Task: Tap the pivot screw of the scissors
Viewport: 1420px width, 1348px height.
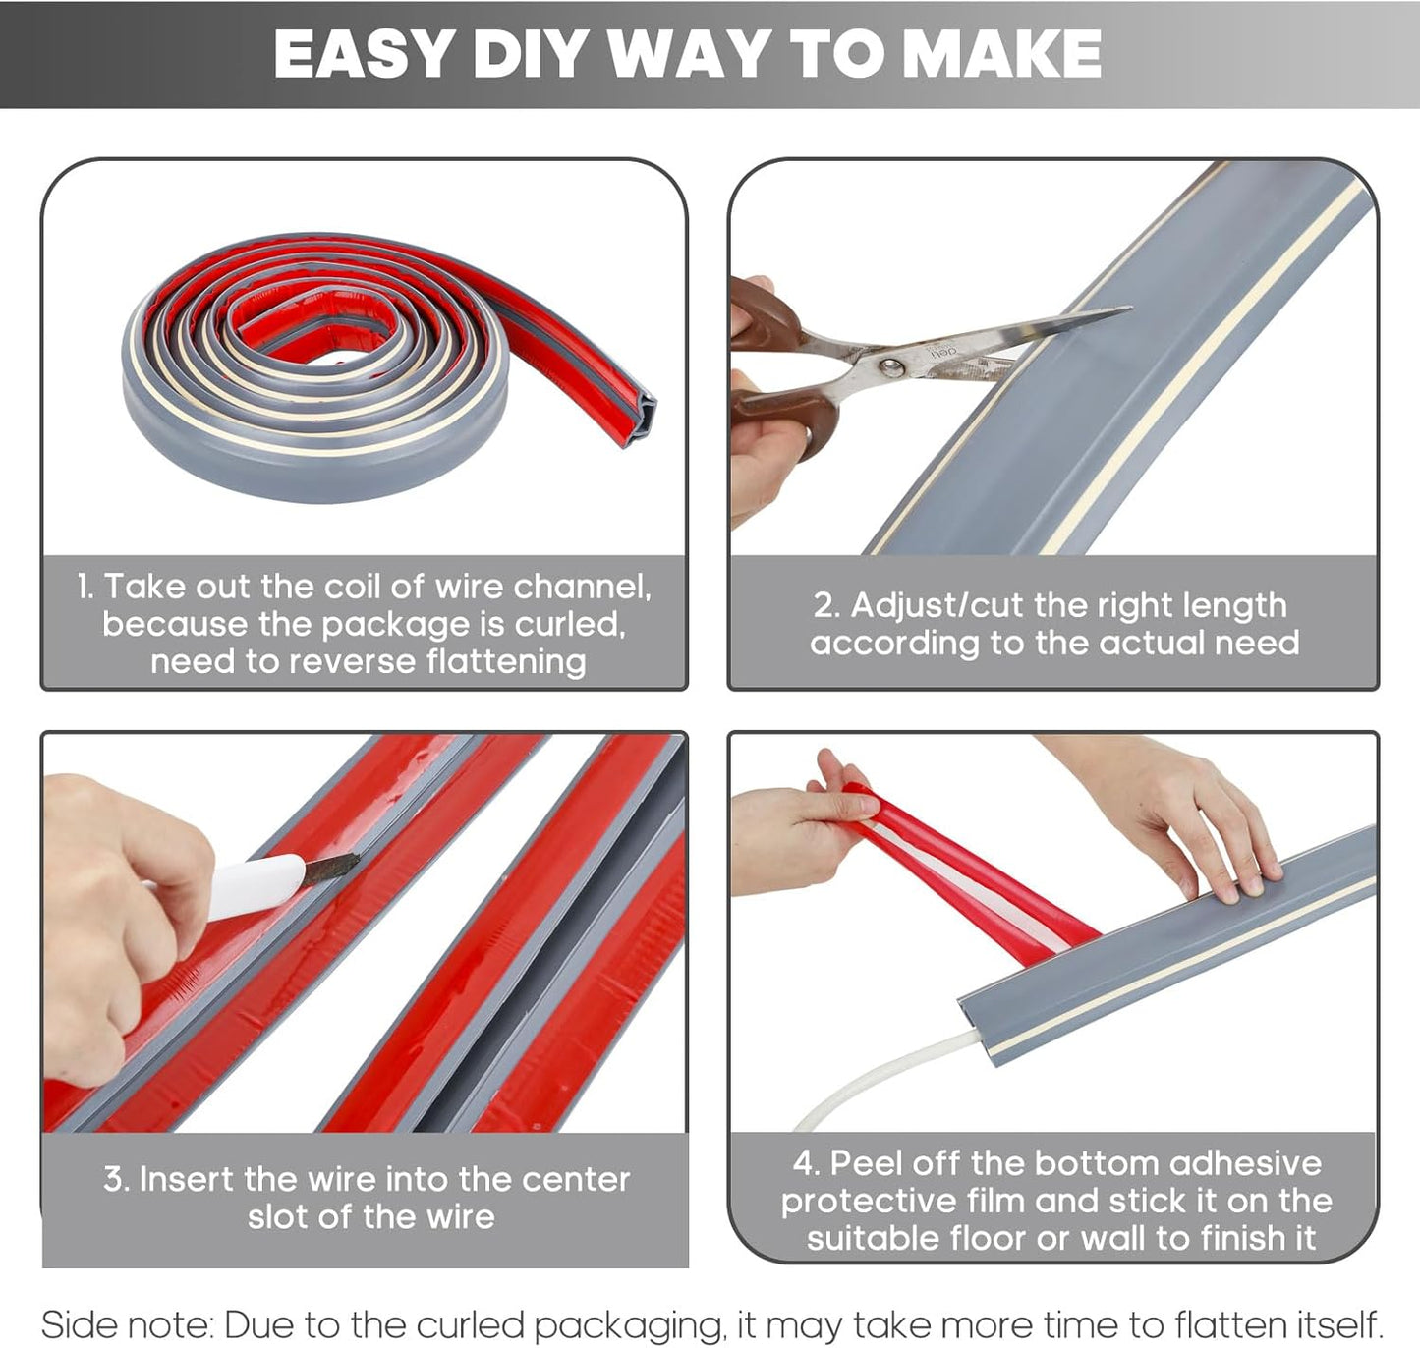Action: (x=891, y=367)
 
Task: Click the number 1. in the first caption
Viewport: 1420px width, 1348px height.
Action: (x=86, y=587)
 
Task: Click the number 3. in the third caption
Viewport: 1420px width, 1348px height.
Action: (x=116, y=1179)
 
